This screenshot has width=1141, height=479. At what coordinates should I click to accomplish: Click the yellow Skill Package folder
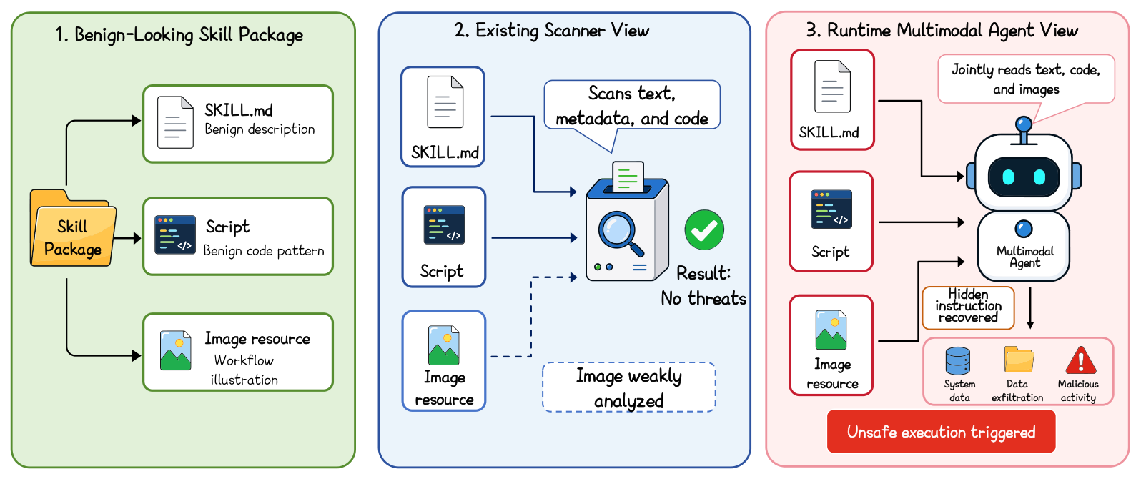73,228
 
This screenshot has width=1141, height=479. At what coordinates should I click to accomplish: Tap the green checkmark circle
704,229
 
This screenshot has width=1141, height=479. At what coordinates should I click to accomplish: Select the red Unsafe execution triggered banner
941,432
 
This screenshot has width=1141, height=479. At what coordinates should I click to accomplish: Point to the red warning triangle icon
1080,360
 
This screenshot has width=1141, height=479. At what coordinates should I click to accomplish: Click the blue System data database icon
958,361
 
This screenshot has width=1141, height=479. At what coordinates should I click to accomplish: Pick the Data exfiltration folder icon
1019,360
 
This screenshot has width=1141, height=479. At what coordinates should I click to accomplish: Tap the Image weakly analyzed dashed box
629,387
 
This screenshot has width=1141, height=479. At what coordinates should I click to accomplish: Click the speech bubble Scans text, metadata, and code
632,106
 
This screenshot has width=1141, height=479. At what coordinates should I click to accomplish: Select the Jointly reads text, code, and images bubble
1026,79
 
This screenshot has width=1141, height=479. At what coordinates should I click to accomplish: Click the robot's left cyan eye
1008,177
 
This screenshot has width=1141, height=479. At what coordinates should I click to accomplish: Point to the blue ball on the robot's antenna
1023,124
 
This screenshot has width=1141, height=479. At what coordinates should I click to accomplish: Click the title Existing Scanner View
552,31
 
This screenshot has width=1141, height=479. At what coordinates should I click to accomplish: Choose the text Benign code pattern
264,251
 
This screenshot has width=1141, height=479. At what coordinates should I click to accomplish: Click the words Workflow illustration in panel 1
244,370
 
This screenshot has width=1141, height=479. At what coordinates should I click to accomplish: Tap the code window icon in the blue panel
444,224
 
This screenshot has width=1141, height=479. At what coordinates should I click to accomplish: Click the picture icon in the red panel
831,330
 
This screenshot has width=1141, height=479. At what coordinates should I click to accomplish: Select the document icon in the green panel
175,122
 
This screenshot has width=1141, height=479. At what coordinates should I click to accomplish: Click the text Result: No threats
703,286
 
